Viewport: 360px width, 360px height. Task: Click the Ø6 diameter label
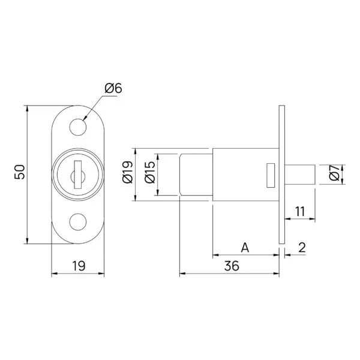pos(113,88)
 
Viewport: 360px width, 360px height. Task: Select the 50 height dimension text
pos(20,172)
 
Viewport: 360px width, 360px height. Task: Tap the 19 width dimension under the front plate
pos(78,265)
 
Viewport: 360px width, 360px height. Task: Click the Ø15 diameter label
pos(150,173)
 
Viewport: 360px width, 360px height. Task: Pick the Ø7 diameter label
pos(334,175)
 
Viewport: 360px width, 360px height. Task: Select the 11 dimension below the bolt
pos(301,211)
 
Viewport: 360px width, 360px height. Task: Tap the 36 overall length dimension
pos(229,266)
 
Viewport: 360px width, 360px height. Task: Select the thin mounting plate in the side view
pos(281,174)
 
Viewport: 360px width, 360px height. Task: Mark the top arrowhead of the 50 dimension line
pos(27,109)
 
